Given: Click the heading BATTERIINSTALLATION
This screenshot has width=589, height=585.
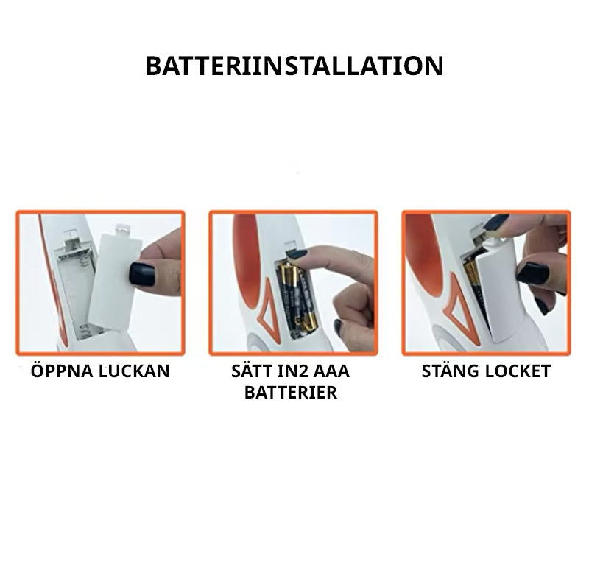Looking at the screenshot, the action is tap(294, 66).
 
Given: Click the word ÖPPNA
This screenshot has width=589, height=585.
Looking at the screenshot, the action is tap(62, 371).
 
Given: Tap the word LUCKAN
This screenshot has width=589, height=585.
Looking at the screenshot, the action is tap(134, 371).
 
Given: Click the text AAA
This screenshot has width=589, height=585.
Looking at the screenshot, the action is tap(331, 371).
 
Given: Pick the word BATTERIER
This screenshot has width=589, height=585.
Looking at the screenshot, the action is tap(291, 393).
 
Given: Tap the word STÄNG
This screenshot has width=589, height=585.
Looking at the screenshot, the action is tap(450, 371).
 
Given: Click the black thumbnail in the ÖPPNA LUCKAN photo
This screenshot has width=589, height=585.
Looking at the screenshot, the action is tap(141, 274).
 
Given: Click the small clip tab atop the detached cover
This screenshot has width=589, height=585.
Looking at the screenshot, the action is tap(121, 228).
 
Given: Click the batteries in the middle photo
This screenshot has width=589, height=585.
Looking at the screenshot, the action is tap(297, 297).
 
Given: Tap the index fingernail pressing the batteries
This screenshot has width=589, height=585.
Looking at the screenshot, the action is tap(297, 254).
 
